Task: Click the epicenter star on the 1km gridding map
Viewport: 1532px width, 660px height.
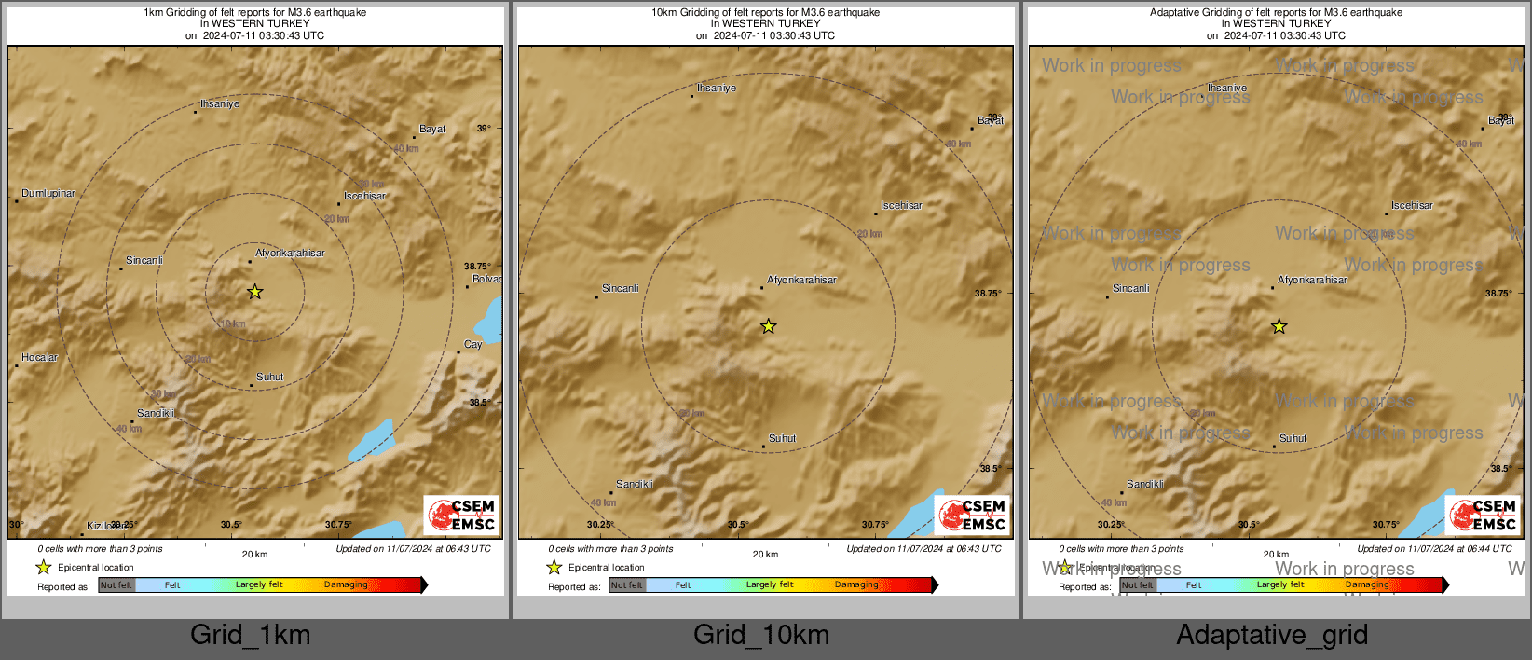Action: coord(254,292)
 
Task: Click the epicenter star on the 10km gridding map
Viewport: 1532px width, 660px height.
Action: coord(768,326)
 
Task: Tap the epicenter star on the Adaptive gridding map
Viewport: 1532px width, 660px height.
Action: coord(1279,326)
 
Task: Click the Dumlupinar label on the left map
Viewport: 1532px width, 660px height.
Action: coord(48,194)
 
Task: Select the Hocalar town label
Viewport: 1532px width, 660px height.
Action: coord(40,358)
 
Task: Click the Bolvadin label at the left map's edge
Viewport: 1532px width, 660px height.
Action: coord(486,280)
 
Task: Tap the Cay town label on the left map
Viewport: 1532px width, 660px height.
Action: coord(473,345)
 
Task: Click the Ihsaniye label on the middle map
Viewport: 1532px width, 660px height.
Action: coord(717,89)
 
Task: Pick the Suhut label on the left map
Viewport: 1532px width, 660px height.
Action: coord(270,378)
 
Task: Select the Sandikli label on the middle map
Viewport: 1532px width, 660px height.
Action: coord(635,485)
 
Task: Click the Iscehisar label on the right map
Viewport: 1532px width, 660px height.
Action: coord(1412,206)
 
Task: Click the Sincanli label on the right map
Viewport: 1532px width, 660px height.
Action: coord(1131,289)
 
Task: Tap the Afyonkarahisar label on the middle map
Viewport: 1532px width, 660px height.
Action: coord(801,281)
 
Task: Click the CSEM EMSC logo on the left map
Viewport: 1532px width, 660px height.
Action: coord(461,516)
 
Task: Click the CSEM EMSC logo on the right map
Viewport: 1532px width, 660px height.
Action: coord(1483,516)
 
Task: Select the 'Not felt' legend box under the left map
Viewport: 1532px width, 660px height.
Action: coord(116,585)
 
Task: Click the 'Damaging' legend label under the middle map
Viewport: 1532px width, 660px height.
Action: coord(856,585)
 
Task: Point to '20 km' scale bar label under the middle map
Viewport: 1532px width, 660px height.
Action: coord(765,555)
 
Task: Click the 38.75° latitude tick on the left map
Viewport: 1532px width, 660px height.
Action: coord(477,267)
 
